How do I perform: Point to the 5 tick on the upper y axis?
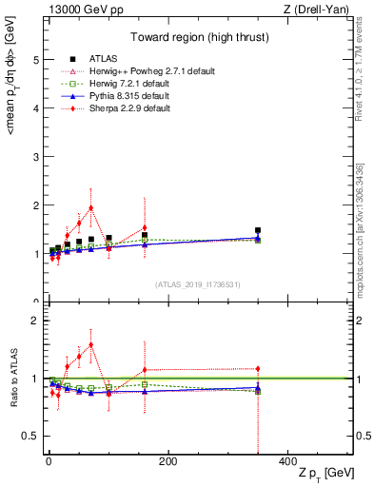pos(36,59)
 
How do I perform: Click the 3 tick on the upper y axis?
pos(36,157)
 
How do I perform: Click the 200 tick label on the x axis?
pos(167,461)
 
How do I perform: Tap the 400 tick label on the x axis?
pos(286,461)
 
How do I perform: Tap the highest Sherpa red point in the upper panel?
pos(91,207)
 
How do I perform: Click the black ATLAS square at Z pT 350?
pos(257,230)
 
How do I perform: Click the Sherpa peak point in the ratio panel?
pos(91,344)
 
